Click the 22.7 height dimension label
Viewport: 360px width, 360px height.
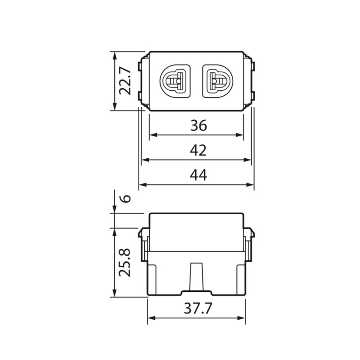click(x=125, y=81)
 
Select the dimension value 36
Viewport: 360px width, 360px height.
click(x=198, y=126)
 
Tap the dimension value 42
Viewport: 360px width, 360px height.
click(x=198, y=150)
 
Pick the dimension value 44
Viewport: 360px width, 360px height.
click(x=198, y=175)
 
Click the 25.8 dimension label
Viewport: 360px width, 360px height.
click(x=125, y=263)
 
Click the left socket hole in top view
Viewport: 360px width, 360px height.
click(x=174, y=81)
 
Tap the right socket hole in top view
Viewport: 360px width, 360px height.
click(x=218, y=81)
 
